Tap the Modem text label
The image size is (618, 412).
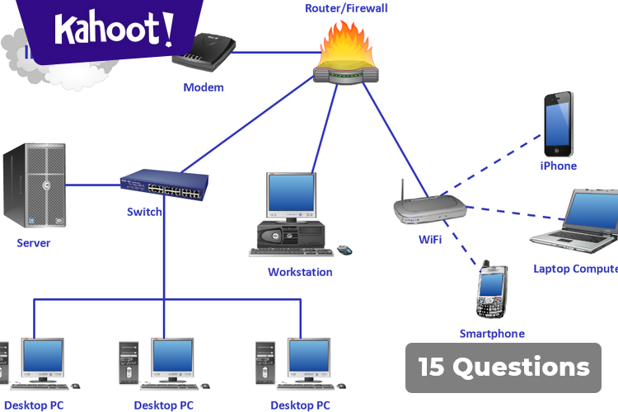pos(203,87)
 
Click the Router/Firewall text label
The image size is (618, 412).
pos(346,8)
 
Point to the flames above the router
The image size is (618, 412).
pos(347,48)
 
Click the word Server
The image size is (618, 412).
pos(33,243)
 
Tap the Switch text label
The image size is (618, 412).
pos(144,212)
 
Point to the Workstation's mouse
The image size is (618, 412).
pos(344,249)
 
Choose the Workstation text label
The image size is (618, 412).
pos(300,272)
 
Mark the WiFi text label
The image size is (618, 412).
pos(429,240)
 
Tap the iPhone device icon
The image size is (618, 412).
pos(558,123)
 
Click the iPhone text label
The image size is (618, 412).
pos(558,166)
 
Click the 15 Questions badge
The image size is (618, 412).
pos(503,367)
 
